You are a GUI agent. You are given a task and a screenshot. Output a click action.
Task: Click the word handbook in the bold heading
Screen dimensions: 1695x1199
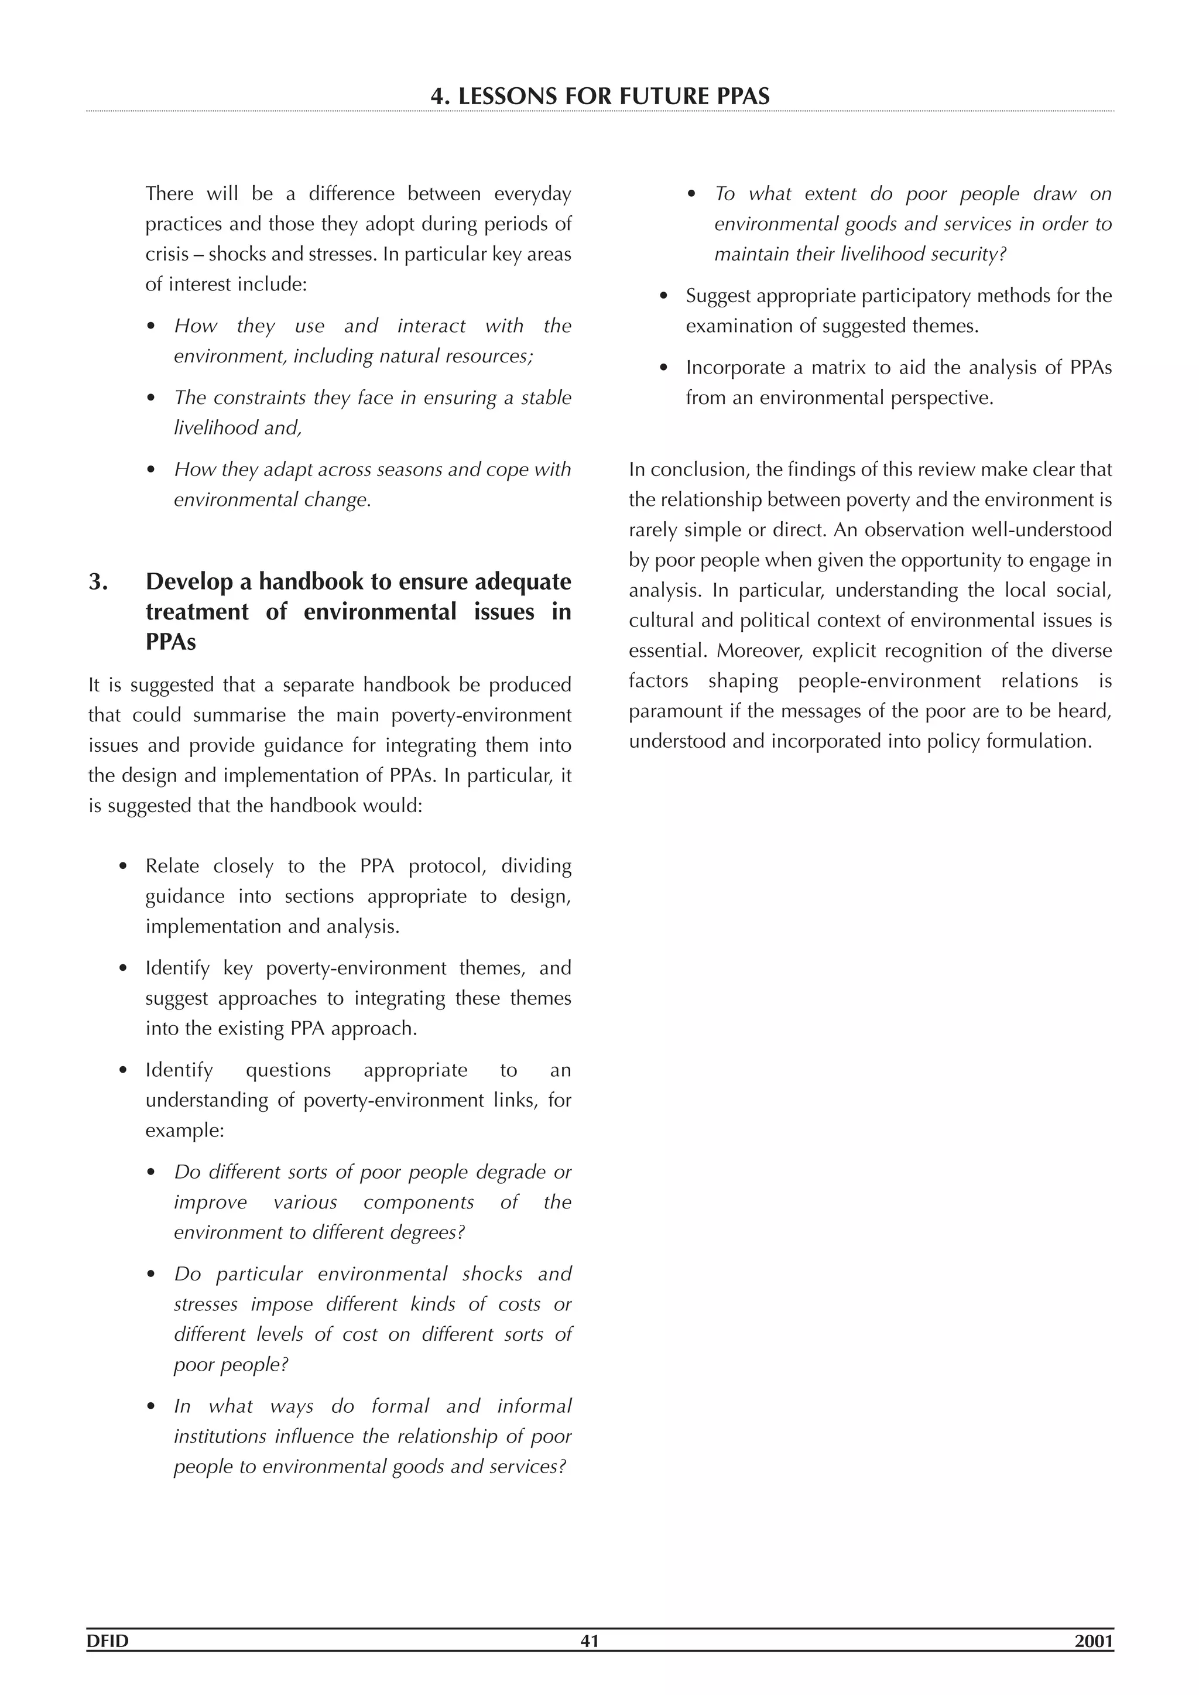pos(311,582)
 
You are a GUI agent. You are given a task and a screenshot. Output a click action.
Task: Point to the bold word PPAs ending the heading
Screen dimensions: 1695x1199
pos(170,642)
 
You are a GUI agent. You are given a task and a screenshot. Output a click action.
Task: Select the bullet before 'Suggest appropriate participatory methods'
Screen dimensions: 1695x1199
pos(664,297)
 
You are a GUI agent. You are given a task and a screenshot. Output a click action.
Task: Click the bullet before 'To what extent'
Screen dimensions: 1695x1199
pos(692,195)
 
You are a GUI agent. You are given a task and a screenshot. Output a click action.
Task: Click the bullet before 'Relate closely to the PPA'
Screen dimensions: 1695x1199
pos(124,867)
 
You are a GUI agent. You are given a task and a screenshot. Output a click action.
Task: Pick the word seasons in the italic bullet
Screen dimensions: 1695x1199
pos(413,470)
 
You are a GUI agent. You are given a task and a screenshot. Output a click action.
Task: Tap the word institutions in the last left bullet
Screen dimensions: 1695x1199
pos(220,1437)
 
